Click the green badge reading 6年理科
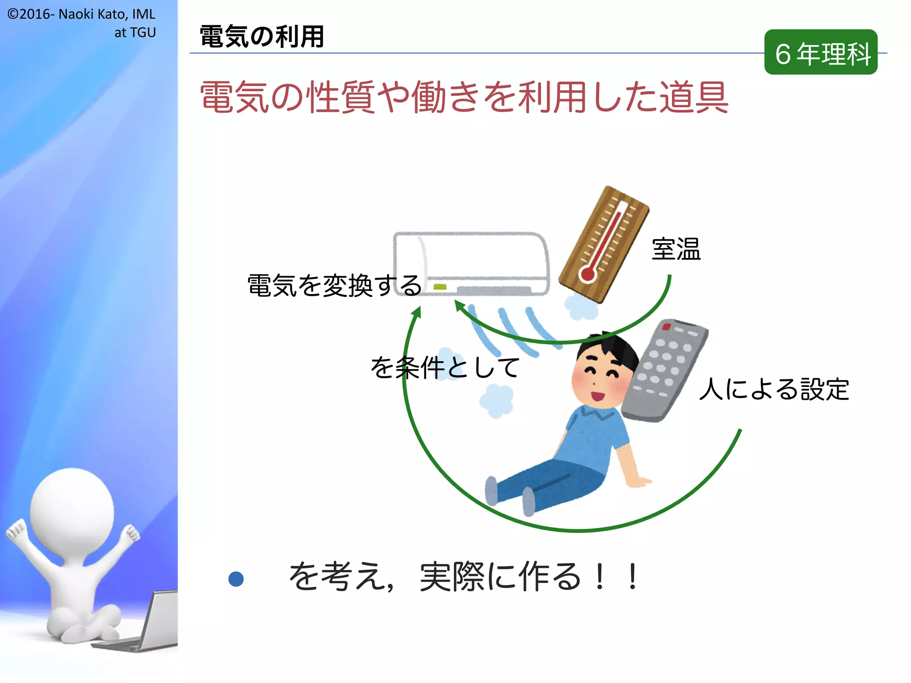[x=821, y=52]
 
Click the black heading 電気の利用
[x=262, y=36]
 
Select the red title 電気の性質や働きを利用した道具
[x=464, y=96]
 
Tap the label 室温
[x=676, y=249]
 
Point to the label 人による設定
[x=774, y=389]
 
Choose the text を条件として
[x=445, y=367]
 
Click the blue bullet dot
[x=236, y=579]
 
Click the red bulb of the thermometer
[x=588, y=273]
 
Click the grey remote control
[x=665, y=369]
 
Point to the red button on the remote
[x=666, y=327]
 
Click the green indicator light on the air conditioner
[x=440, y=287]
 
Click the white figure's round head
[x=72, y=509]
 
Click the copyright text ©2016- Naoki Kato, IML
[x=81, y=14]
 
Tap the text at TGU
[x=135, y=32]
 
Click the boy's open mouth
[x=597, y=395]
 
